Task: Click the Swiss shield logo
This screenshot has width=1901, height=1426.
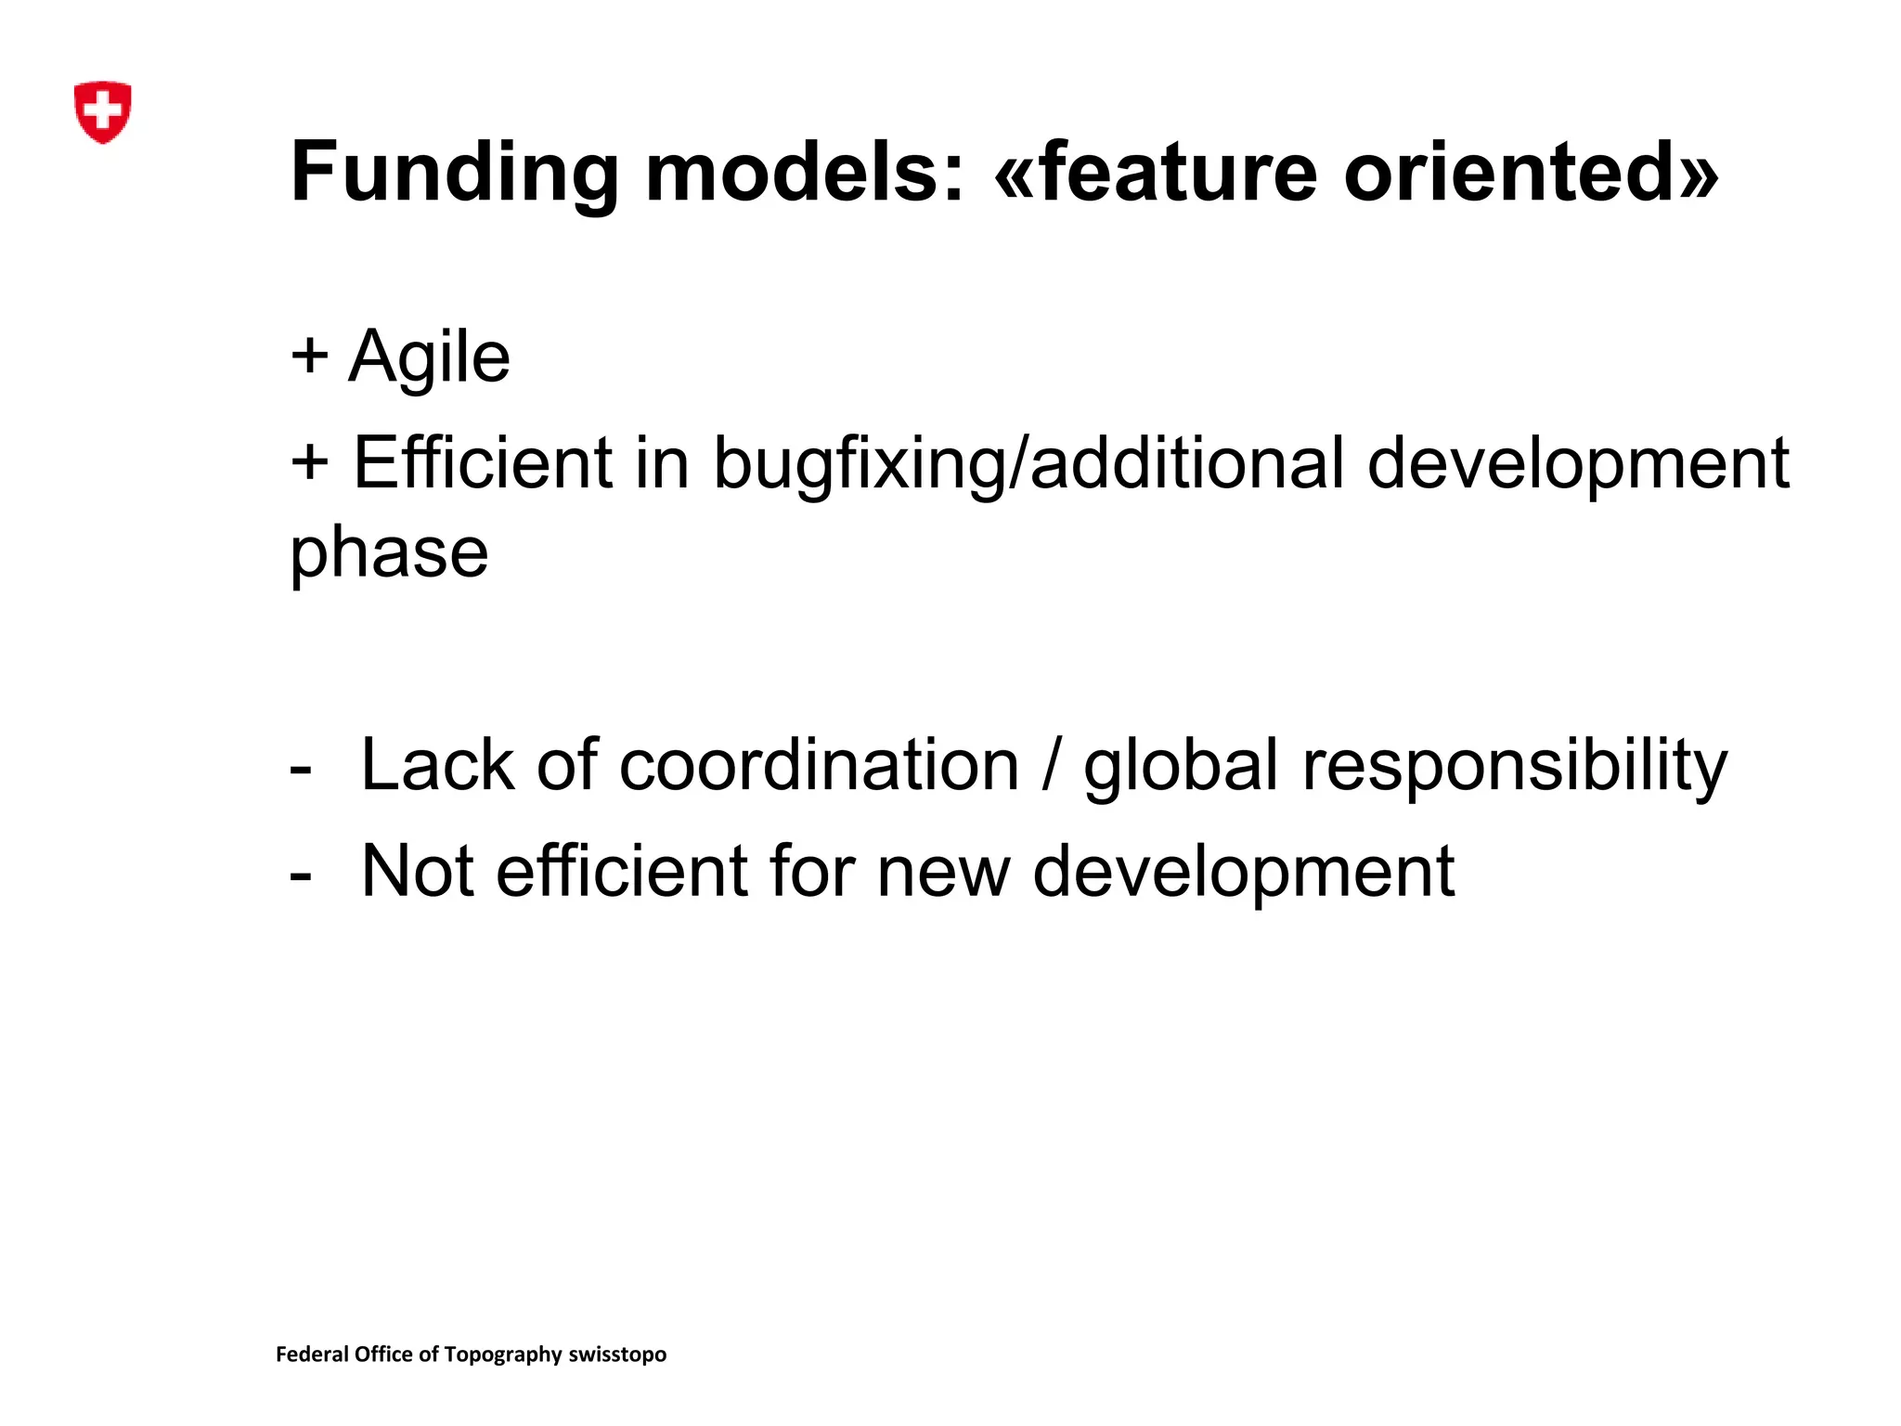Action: (x=102, y=111)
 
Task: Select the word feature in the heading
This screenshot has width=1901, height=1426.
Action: (x=1178, y=172)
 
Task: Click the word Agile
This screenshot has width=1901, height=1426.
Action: (x=429, y=357)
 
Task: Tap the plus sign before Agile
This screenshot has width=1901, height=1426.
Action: (x=309, y=356)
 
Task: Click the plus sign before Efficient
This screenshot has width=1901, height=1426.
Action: (x=309, y=462)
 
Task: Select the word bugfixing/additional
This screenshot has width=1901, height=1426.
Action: (x=1028, y=464)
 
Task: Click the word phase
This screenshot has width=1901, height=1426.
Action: (x=389, y=554)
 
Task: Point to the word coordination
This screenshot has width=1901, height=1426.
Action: (x=819, y=765)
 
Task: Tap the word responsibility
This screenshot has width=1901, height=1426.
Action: (x=1515, y=767)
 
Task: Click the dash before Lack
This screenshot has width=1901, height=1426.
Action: (x=300, y=770)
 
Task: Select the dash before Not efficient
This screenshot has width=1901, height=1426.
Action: (x=300, y=875)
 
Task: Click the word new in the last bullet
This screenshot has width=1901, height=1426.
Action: (x=943, y=873)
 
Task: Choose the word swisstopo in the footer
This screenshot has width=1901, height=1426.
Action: (x=617, y=1355)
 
